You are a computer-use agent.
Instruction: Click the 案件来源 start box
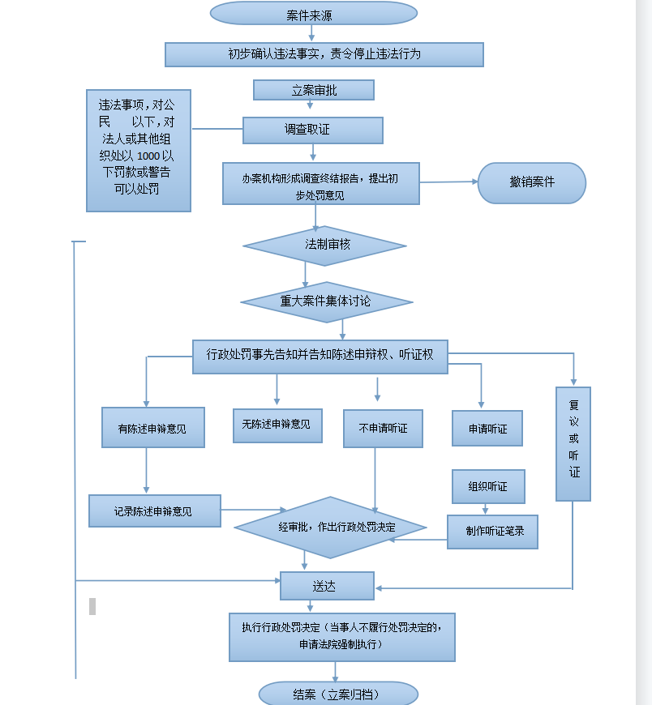313,14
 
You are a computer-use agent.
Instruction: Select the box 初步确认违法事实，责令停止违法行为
324,54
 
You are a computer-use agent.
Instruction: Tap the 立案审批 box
313,90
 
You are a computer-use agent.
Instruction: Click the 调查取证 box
312,130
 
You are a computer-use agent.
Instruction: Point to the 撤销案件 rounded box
531,182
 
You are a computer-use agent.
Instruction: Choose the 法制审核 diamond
324,245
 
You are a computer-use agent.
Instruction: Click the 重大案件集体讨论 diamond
326,301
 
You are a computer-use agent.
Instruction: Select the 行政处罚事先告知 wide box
320,356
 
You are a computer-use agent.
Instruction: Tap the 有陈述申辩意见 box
152,427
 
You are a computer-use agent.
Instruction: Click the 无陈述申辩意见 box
277,425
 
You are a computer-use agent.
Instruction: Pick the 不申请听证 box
383,428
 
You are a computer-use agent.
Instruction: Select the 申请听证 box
487,428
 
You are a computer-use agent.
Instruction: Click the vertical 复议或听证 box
573,443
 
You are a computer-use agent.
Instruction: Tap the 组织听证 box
487,486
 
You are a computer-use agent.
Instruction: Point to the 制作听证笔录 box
492,532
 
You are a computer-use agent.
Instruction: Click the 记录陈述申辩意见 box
154,511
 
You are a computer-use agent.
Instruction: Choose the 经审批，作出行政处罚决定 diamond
330,528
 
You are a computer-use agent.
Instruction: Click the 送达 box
327,585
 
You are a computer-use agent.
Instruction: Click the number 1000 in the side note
148,156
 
